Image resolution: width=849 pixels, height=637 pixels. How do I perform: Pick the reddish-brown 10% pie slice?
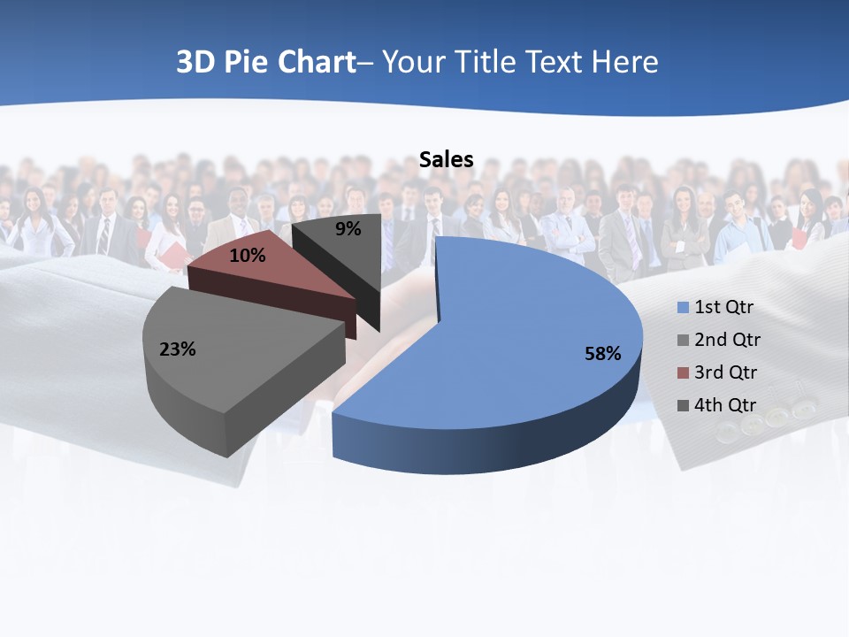click(283, 274)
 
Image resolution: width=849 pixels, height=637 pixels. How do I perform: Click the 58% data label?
click(602, 354)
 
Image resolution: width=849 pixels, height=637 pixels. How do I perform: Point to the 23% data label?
click(177, 349)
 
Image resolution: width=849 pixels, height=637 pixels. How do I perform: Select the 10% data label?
click(247, 256)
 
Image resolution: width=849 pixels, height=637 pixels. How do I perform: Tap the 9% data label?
click(348, 229)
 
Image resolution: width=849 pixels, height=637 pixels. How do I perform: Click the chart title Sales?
click(446, 160)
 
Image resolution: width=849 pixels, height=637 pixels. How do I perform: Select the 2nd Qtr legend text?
click(727, 340)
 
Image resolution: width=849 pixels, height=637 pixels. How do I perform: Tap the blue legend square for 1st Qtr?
click(683, 308)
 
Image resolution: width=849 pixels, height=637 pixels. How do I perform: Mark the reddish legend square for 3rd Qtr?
click(683, 373)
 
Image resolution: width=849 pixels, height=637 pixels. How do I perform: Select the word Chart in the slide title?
click(317, 63)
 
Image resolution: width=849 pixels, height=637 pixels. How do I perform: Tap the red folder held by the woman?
click(178, 256)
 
